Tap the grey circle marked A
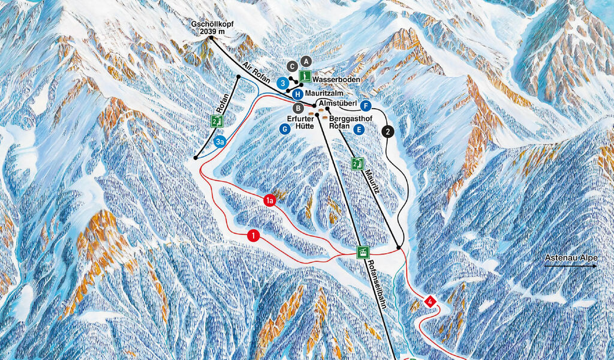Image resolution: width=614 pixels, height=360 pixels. tap(306, 61)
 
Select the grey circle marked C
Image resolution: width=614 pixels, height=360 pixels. tap(291, 66)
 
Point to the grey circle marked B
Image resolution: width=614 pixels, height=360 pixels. tap(298, 108)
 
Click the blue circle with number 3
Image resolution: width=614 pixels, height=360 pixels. tap(282, 83)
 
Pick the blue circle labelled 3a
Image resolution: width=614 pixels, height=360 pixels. tap(220, 142)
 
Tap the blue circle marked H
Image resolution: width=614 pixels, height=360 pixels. tap(297, 94)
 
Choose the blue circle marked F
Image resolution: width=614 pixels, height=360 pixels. tap(366, 106)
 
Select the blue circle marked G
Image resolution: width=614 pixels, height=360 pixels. tap(285, 128)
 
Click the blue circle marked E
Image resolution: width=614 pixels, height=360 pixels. tap(359, 129)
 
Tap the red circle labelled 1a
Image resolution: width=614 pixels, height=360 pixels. tap(270, 201)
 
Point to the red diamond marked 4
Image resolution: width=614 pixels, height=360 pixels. tap(430, 301)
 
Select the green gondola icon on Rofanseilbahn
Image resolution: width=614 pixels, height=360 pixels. tap(362, 253)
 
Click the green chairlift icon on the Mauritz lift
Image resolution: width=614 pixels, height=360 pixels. tap(357, 164)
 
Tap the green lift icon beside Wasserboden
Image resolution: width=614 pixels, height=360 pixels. tap(305, 77)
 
